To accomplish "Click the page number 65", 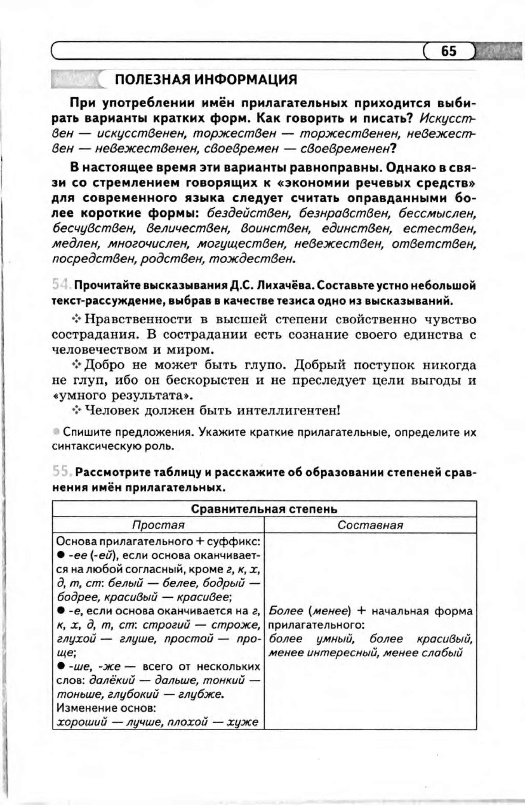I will pyautogui.click(x=448, y=51).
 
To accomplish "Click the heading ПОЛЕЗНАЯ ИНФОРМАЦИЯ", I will pyautogui.click(x=206, y=80).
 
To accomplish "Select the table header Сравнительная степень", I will pyautogui.click(x=264, y=509).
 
